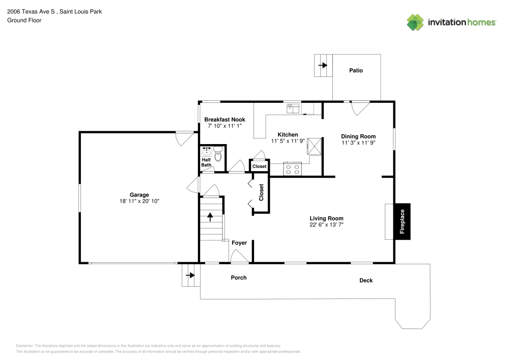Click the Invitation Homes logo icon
(415, 22)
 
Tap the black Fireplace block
(402, 221)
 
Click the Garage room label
(139, 195)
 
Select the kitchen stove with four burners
(293, 169)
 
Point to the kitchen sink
(293, 107)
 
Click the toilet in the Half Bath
(218, 154)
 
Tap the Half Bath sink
(207, 152)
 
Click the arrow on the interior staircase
(210, 216)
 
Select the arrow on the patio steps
(323, 65)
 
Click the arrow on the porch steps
(190, 275)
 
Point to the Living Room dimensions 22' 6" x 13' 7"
(326, 225)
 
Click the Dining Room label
(358, 136)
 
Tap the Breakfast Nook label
(224, 120)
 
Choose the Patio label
(356, 70)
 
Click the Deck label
(366, 281)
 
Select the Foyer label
(239, 243)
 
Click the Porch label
(239, 278)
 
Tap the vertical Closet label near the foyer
(261, 192)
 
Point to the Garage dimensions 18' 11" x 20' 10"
(139, 202)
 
